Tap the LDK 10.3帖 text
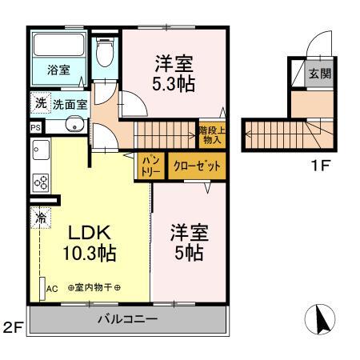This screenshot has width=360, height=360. [x=90, y=244]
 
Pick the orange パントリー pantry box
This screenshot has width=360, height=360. [x=150, y=166]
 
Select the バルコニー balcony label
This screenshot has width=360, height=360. [x=128, y=319]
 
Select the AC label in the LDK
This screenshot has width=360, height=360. [x=52, y=289]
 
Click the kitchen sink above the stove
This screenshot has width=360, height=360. [x=40, y=150]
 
